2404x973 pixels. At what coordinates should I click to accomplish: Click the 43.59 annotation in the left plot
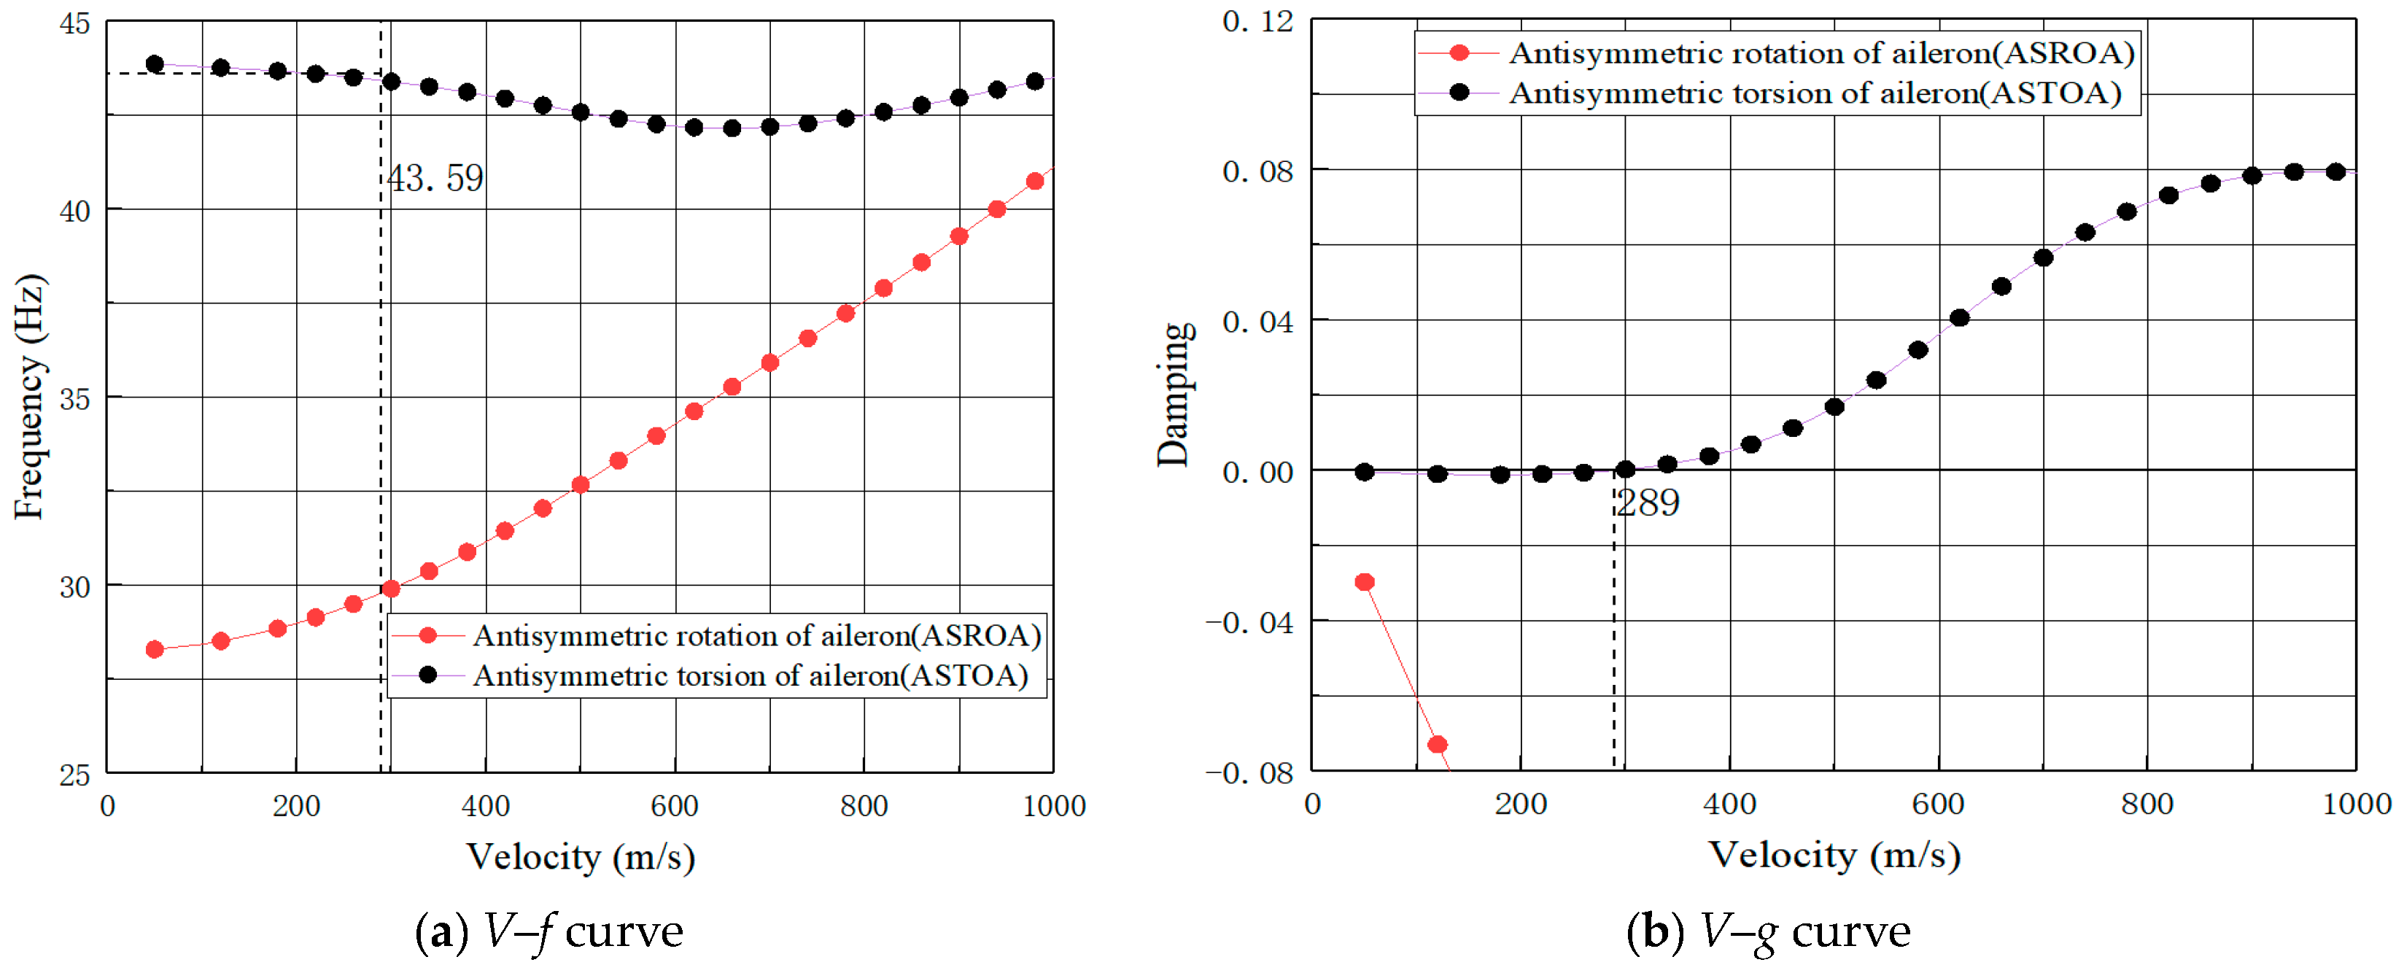coord(436,178)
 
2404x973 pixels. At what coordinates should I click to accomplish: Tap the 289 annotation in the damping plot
coord(1648,503)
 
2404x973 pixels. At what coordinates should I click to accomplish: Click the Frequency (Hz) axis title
coord(30,397)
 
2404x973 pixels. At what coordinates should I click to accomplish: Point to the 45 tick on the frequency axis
coord(74,23)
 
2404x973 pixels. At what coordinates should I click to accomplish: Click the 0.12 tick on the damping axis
coord(1258,20)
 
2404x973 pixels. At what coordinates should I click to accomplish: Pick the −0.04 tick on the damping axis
coord(1251,622)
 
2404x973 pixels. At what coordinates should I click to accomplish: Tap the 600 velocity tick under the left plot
coord(674,806)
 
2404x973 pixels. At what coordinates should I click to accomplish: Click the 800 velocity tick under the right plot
coord(2147,805)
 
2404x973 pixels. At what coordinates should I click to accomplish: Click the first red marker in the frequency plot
coord(155,649)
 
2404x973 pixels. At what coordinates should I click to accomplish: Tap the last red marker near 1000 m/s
coord(1034,181)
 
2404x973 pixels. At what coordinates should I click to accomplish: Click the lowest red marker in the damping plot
coord(1437,745)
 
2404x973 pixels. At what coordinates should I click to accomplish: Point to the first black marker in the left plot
coord(155,64)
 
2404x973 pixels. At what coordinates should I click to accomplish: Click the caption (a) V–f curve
coord(548,931)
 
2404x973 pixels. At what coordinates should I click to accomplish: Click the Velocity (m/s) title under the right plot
coord(1834,855)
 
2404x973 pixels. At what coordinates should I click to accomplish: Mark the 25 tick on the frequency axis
coord(74,775)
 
